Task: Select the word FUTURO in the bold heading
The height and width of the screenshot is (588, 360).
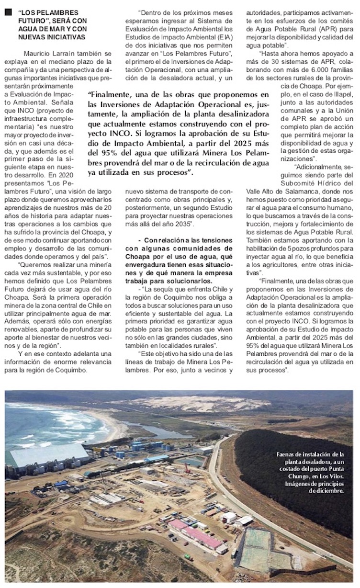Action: pos(33,22)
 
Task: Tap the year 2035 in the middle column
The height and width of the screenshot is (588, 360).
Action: pos(182,224)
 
